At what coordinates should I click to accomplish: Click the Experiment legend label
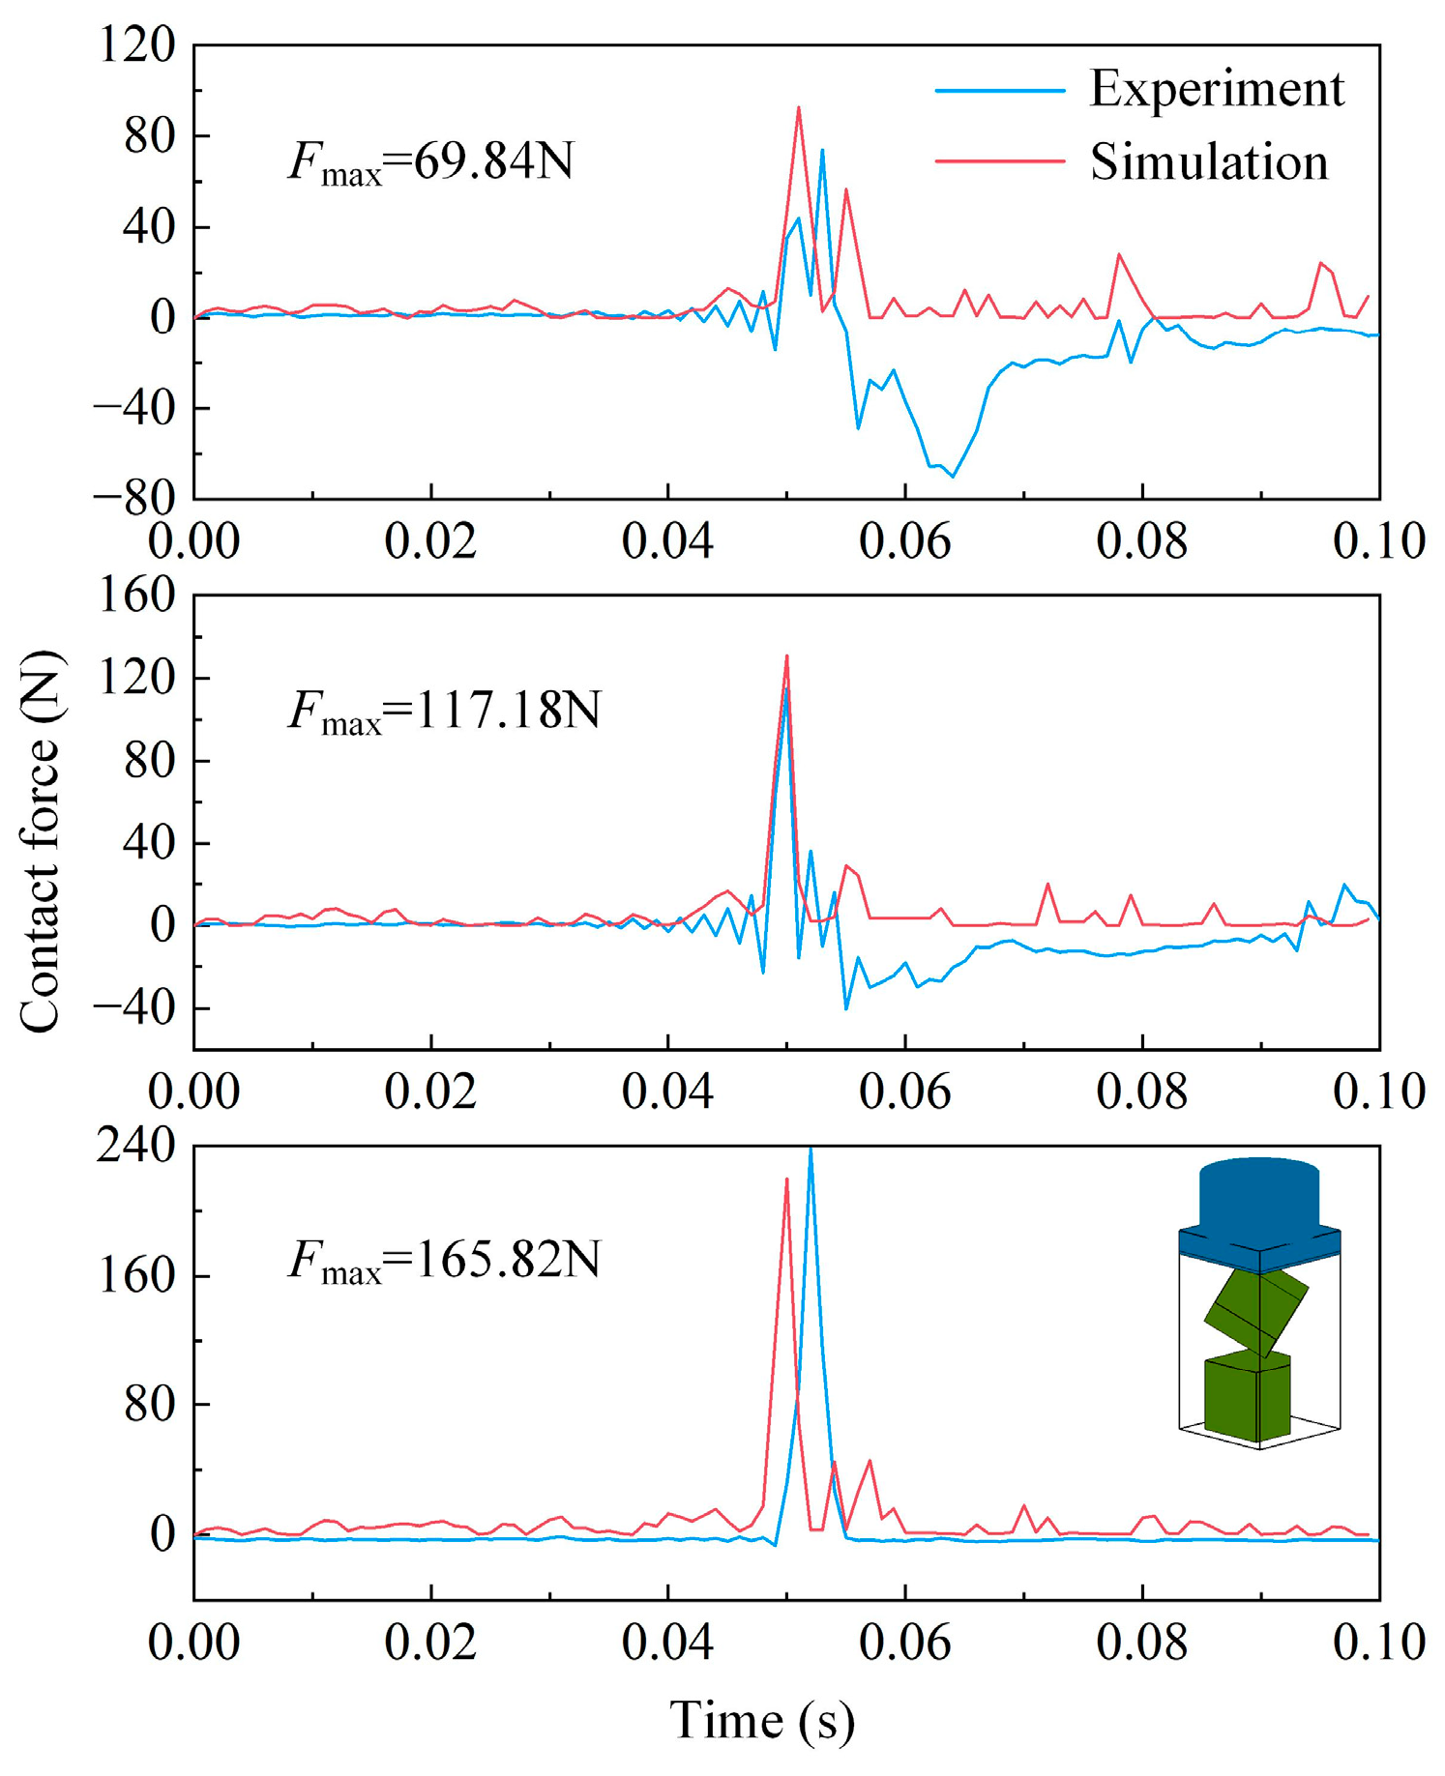[x=1216, y=89]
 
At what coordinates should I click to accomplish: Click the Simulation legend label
[x=1209, y=161]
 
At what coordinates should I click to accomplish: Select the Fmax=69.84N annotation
[x=431, y=160]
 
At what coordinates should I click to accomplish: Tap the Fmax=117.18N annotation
[x=444, y=711]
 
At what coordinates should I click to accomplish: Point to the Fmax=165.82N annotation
[x=444, y=1261]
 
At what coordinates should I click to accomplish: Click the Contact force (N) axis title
[x=40, y=841]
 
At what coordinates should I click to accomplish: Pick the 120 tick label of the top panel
[x=137, y=45]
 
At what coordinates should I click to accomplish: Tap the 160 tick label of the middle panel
[x=137, y=596]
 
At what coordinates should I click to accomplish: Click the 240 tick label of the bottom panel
[x=137, y=1147]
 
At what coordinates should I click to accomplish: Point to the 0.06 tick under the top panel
[x=904, y=541]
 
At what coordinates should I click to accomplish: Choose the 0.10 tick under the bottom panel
[x=1378, y=1643]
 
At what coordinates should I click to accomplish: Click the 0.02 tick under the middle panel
[x=430, y=1092]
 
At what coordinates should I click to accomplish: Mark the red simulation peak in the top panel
[x=798, y=108]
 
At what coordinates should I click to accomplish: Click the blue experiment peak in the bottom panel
[x=811, y=1150]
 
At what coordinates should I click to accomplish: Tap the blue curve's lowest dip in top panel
[x=953, y=476]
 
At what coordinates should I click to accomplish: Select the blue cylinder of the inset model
[x=1258, y=1194]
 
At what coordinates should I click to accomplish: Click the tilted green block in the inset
[x=1255, y=1312]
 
